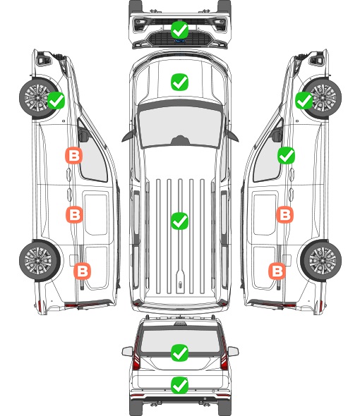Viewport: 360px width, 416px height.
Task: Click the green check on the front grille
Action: coord(179,30)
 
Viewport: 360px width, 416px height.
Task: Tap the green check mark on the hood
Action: coord(179,82)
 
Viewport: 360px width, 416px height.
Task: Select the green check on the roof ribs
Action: coord(179,221)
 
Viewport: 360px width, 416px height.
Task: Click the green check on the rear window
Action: coord(179,353)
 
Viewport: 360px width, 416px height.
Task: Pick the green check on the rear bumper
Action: coord(179,385)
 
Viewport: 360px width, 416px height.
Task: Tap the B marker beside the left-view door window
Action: coord(74,155)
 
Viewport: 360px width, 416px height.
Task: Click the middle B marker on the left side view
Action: coord(74,214)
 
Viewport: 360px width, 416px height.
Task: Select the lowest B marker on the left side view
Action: coord(82,271)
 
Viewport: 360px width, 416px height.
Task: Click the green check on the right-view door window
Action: coord(286,155)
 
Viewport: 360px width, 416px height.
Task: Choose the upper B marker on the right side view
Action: coord(284,214)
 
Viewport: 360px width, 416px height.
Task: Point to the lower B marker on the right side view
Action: coord(277,271)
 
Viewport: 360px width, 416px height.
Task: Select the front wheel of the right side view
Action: coord(323,98)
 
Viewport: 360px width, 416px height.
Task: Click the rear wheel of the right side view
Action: coord(322,260)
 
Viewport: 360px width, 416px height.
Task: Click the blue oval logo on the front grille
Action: coord(179,41)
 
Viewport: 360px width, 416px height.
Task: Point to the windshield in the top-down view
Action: coord(180,126)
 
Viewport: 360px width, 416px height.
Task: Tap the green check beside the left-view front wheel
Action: coord(56,100)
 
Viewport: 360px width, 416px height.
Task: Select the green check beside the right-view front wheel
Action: coord(304,100)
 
